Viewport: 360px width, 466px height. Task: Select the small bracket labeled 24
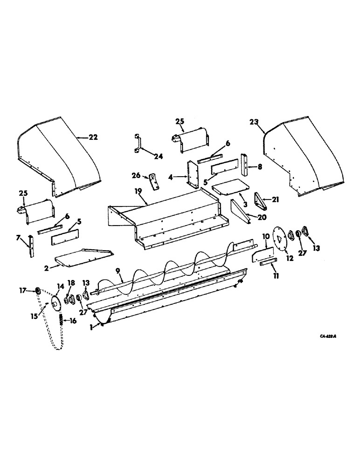tap(137, 142)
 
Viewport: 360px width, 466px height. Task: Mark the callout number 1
tap(92, 328)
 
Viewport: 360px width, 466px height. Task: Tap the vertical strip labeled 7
tap(31, 247)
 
